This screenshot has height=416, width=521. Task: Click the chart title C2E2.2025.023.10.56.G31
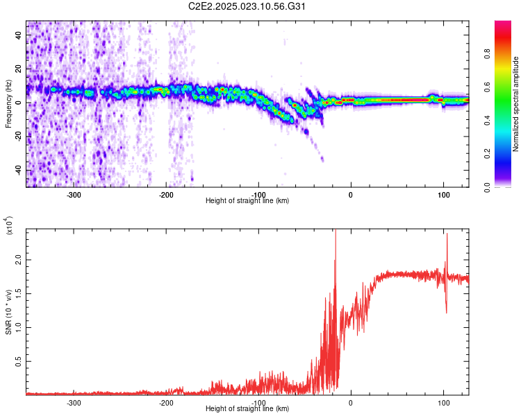tap(248, 6)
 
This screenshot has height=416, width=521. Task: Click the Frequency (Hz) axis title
tap(8, 104)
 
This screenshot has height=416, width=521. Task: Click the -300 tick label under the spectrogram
tap(74, 194)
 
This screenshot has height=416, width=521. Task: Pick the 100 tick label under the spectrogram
tap(443, 194)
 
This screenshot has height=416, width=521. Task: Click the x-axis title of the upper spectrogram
tap(247, 201)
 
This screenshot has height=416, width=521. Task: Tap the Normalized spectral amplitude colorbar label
tap(515, 104)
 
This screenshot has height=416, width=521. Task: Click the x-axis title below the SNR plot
tap(247, 409)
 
